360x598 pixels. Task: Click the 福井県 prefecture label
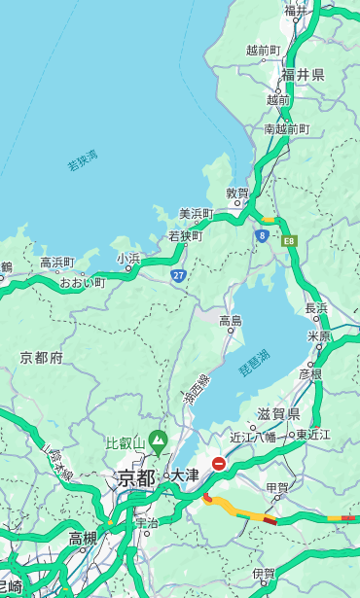303,75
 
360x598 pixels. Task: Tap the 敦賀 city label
238,193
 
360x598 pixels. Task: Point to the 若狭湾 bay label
83,160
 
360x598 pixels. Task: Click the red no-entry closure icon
219,465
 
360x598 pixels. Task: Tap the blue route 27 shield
178,276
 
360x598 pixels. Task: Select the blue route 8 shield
263,235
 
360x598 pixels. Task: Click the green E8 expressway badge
289,240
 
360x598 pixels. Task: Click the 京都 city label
136,477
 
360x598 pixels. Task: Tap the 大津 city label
185,475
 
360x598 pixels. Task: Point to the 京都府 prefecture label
42,358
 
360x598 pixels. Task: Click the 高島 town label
231,321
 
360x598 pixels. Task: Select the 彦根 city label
310,372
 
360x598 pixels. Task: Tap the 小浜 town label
128,259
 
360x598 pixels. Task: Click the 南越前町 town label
286,128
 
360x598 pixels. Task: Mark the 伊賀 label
264,574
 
